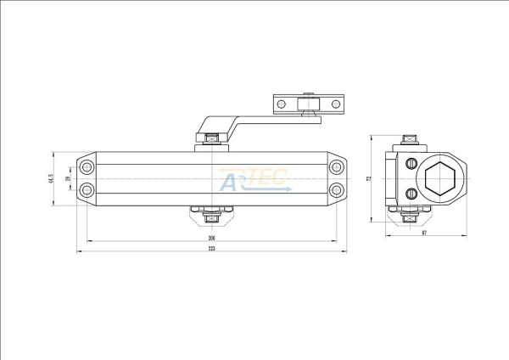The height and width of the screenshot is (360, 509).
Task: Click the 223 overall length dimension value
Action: coord(211,261)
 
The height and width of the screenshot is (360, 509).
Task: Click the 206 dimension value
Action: coord(211,239)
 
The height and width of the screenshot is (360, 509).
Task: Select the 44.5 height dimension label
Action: coord(52,179)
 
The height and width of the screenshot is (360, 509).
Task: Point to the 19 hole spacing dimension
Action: coord(67,179)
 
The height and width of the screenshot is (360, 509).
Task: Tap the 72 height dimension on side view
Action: coord(369,178)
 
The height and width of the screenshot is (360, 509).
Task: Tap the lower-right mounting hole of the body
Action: coord(337,189)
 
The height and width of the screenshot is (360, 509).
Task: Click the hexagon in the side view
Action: coord(442,178)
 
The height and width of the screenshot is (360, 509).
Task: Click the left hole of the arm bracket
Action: coord(281,104)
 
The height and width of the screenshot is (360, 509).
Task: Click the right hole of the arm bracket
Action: coord(335,104)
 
